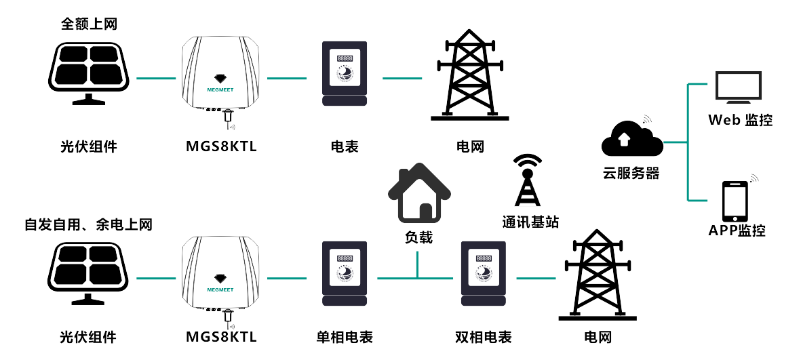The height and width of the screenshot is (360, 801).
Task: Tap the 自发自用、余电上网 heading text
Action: [x=88, y=224]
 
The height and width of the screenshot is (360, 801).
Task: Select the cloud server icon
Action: [x=631, y=140]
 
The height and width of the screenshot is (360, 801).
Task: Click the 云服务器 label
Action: [x=631, y=173]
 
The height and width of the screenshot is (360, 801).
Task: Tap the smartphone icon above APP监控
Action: [x=735, y=201]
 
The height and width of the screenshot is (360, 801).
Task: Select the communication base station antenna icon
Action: [x=528, y=180]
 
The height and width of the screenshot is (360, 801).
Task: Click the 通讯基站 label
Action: [x=530, y=222]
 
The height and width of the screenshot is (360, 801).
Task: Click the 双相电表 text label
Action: [x=484, y=337]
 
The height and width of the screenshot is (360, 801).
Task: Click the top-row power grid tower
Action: [x=470, y=75]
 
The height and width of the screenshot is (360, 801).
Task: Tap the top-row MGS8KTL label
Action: [x=221, y=146]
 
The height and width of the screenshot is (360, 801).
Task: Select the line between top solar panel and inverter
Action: [x=155, y=78]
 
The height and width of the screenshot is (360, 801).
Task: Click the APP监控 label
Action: [x=737, y=231]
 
